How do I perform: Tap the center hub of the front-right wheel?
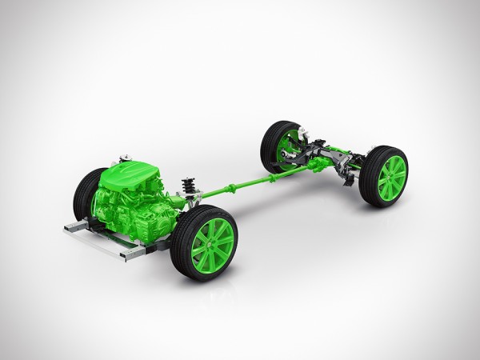212,242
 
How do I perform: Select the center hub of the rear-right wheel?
391,178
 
